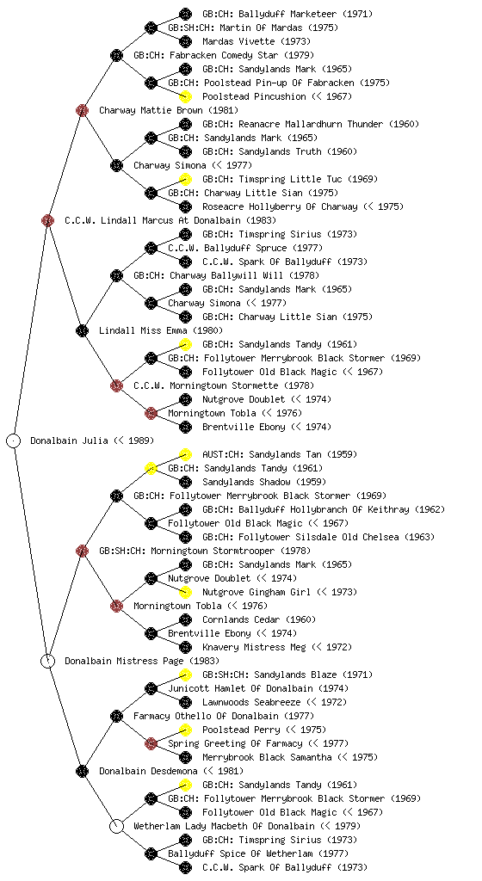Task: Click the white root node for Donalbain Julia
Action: [x=14, y=440]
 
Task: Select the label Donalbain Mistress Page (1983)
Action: [x=141, y=661]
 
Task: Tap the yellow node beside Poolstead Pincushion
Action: [x=185, y=96]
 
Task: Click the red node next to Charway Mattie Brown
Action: [x=82, y=110]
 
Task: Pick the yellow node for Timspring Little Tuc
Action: [x=185, y=179]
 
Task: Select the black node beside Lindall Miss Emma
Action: [x=82, y=330]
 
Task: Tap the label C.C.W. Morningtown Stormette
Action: [x=207, y=385]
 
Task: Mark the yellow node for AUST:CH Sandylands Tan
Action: [x=185, y=454]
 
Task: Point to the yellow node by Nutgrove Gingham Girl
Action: [x=185, y=592]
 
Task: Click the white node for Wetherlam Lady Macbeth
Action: [x=116, y=826]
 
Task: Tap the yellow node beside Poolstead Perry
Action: [x=185, y=730]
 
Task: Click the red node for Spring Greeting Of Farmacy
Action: [x=151, y=743]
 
